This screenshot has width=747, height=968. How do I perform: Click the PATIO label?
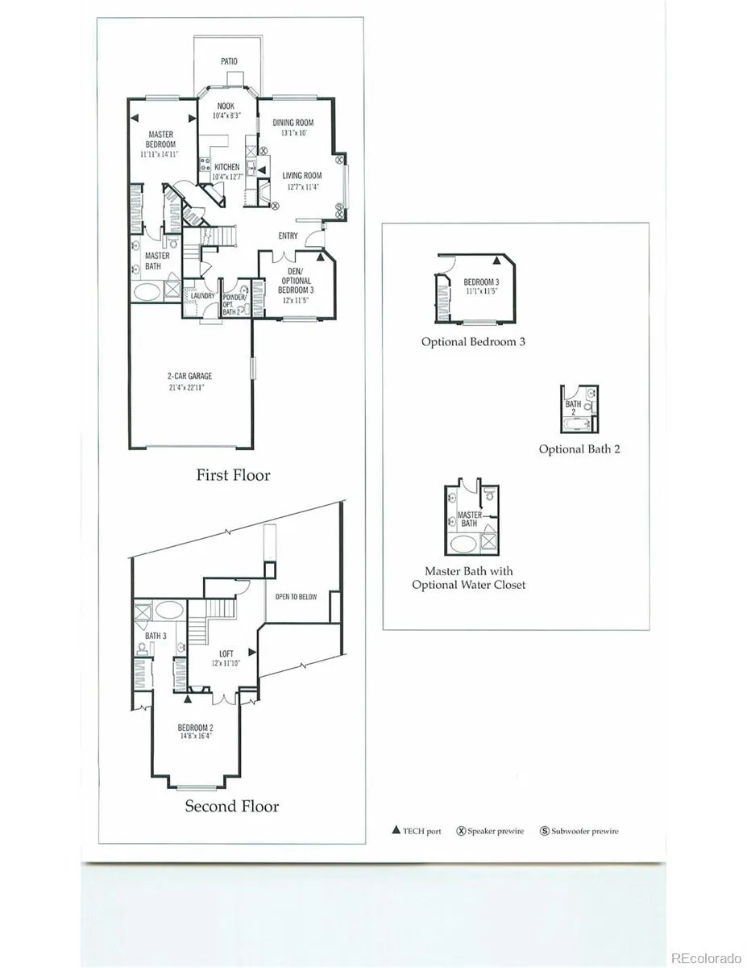tap(229, 61)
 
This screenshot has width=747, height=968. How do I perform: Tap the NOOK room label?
tap(226, 106)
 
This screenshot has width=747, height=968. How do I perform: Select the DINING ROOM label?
tap(293, 123)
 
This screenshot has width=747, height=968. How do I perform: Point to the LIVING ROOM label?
tap(301, 176)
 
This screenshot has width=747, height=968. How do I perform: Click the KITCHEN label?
tap(226, 168)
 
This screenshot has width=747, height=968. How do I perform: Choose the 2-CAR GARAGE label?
tap(190, 376)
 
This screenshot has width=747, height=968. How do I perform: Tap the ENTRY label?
tap(288, 236)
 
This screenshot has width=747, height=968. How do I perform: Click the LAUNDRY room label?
tap(202, 296)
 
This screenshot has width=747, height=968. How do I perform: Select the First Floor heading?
tap(233, 475)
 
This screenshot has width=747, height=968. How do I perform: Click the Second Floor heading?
tap(232, 806)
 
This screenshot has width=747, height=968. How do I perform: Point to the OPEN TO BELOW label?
tap(296, 597)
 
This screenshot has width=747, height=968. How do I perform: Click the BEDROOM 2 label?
tap(196, 728)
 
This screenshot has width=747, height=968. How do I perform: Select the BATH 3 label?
tap(156, 636)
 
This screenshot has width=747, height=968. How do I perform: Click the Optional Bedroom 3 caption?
tap(473, 341)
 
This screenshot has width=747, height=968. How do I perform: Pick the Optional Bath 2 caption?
tap(579, 449)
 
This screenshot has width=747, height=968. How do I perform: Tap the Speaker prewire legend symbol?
tap(462, 831)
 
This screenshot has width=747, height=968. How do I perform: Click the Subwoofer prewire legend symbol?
tap(545, 831)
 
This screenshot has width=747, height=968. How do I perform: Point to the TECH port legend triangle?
tap(396, 830)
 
